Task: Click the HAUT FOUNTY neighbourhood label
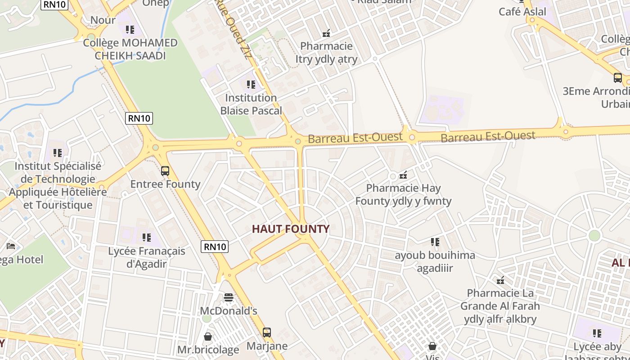[x=291, y=229]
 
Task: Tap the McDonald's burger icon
[x=229, y=297]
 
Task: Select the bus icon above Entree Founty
[x=165, y=171]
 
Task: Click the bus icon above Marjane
[x=267, y=333]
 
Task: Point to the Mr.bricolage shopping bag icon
[x=208, y=337]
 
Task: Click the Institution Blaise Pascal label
[x=251, y=104]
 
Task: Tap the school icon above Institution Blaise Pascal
[x=251, y=84]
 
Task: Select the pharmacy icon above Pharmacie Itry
[x=326, y=33]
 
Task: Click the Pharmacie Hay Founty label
[x=403, y=194]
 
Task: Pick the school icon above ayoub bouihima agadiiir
[x=435, y=242]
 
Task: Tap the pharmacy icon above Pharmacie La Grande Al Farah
[x=500, y=280]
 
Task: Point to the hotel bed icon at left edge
[x=11, y=246]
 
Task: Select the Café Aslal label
[x=522, y=12]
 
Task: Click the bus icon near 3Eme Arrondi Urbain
[x=618, y=77]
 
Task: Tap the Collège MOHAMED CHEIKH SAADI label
[x=130, y=49]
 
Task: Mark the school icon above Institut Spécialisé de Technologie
[x=58, y=153]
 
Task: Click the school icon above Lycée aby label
[x=597, y=333]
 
